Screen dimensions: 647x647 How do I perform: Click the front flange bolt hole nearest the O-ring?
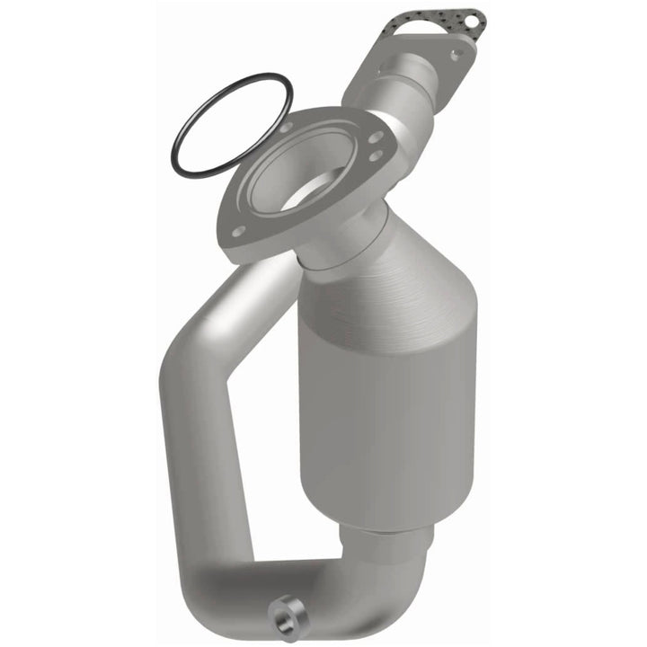pos(286,129)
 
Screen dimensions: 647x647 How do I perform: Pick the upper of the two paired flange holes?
pos(377,137)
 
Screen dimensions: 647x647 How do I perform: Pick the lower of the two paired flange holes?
pos(374,156)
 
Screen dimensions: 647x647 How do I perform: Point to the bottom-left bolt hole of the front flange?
pos(239,233)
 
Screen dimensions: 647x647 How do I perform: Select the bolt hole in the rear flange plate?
pos(454,55)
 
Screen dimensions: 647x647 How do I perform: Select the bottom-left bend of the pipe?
pos(211,575)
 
